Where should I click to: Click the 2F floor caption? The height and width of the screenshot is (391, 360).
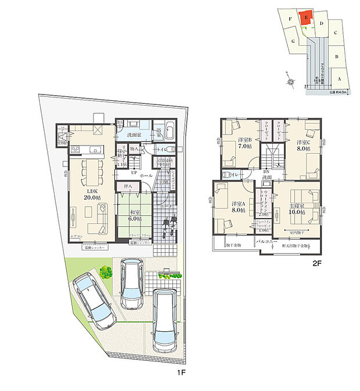click(x=317, y=262)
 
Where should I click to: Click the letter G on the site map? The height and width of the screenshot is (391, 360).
click(x=294, y=42)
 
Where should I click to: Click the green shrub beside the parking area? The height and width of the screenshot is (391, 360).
click(x=105, y=272)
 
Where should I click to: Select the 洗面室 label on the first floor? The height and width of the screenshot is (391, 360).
click(x=135, y=135)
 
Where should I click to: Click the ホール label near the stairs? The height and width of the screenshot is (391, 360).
click(x=146, y=175)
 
